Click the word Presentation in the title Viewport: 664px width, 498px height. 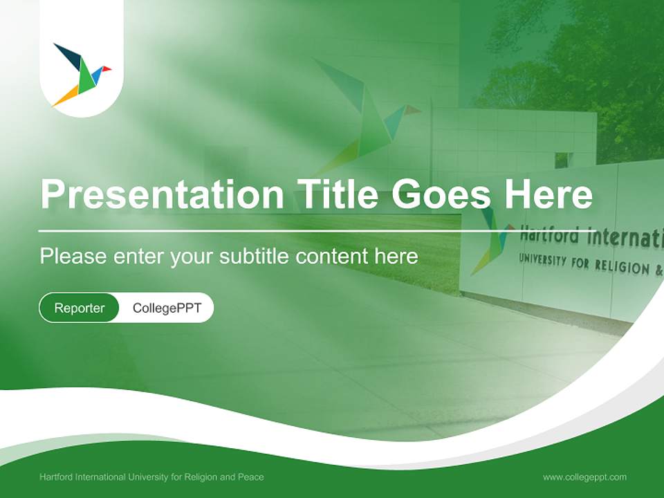pyautogui.click(x=162, y=194)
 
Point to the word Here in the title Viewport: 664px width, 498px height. pyautogui.click(x=548, y=193)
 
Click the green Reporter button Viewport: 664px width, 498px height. pyautogui.click(x=79, y=308)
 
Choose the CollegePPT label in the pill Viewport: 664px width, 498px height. pyautogui.click(x=167, y=308)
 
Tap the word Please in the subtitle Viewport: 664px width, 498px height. pyautogui.click(x=73, y=256)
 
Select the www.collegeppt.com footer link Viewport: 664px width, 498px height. pyautogui.click(x=584, y=477)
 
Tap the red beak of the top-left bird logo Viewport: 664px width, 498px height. pyautogui.click(x=107, y=68)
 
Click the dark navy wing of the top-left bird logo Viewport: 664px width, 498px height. pyautogui.click(x=68, y=55)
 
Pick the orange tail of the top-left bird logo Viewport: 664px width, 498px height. pyautogui.click(x=66, y=96)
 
